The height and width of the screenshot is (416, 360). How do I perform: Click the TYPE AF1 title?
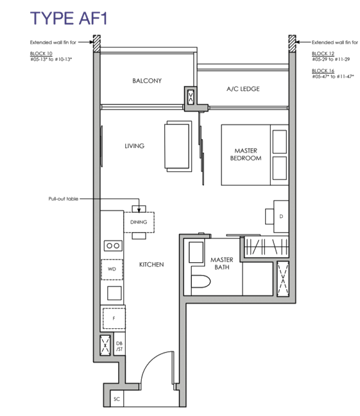pyautogui.click(x=69, y=19)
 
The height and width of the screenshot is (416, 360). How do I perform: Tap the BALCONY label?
pyautogui.click(x=147, y=81)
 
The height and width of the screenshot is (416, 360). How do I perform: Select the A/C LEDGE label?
pyautogui.click(x=243, y=89)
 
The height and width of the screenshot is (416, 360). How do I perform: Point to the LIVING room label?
pyautogui.click(x=134, y=146)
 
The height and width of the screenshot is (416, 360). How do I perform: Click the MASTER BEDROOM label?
pyautogui.click(x=246, y=154)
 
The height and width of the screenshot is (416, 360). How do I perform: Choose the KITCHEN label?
pyautogui.click(x=151, y=265)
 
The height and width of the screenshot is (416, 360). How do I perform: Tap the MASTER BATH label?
pyautogui.click(x=222, y=263)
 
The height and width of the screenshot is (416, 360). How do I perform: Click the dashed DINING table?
pyautogui.click(x=139, y=222)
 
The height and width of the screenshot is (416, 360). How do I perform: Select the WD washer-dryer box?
pyautogui.click(x=112, y=269)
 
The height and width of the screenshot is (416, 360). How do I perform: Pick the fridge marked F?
pyautogui.click(x=114, y=318)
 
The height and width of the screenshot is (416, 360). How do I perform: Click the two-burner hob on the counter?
pyautogui.click(x=113, y=245)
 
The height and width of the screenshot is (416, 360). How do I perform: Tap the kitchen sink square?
pyautogui.click(x=114, y=293)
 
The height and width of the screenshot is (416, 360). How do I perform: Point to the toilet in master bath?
pyautogui.click(x=201, y=281)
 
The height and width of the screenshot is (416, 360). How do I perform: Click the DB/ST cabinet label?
pyautogui.click(x=119, y=346)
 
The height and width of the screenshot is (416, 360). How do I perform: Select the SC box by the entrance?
pyautogui.click(x=117, y=399)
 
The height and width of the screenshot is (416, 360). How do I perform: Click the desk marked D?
pyautogui.click(x=281, y=217)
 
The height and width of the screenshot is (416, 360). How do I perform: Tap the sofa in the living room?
pyautogui.click(x=178, y=146)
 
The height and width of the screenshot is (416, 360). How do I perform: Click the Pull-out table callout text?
pyautogui.click(x=64, y=199)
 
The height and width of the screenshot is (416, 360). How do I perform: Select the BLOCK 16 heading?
pyautogui.click(x=323, y=71)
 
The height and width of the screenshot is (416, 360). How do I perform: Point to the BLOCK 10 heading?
pyautogui.click(x=41, y=54)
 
